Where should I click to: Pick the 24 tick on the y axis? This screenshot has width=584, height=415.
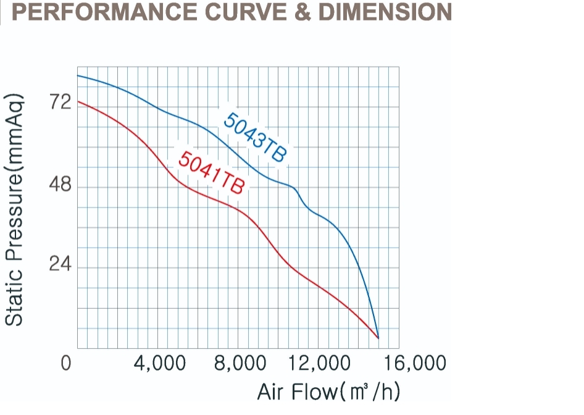(x=61, y=266)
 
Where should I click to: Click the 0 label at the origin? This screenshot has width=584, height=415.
(x=66, y=363)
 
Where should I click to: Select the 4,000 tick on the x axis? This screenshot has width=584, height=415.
(x=160, y=363)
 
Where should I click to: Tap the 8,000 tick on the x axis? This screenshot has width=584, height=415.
(x=240, y=363)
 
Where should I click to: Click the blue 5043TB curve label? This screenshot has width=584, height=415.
(x=255, y=137)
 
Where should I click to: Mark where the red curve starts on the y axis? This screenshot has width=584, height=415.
(x=78, y=101)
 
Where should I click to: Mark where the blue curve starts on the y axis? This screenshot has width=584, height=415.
(x=78, y=75)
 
